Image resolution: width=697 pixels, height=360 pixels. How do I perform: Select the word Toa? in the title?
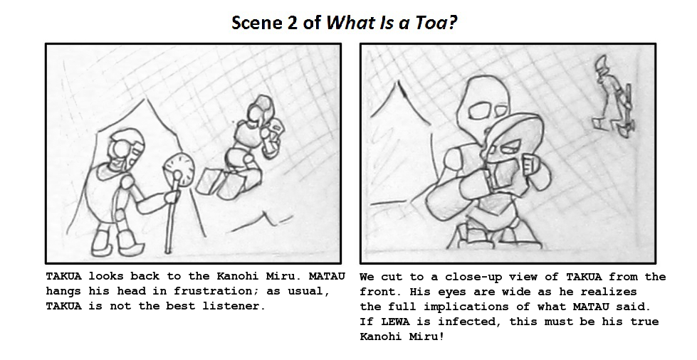tap(436, 23)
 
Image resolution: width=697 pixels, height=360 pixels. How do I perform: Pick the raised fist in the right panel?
tap(533, 165)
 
